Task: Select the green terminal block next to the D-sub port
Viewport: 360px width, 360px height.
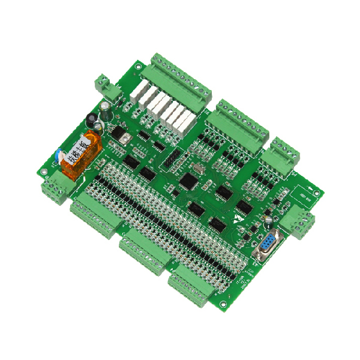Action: pos(298,221)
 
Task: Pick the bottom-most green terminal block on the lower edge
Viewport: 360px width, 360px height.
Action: pos(191,287)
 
